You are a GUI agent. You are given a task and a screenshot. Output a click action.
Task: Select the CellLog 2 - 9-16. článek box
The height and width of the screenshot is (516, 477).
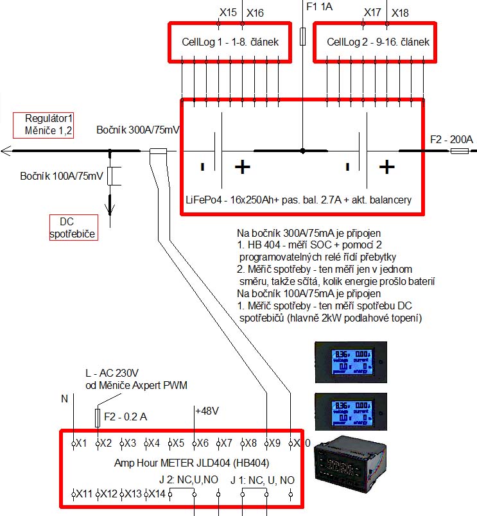coord(374,42)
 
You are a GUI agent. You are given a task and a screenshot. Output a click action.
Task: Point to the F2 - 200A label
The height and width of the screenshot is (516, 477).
coord(451,139)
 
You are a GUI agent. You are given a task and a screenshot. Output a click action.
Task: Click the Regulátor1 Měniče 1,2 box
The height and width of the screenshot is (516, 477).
coord(44,124)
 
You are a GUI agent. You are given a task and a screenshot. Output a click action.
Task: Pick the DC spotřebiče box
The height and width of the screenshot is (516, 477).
coord(73,228)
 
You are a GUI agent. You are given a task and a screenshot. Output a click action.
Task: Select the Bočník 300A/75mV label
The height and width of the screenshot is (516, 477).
coord(137,130)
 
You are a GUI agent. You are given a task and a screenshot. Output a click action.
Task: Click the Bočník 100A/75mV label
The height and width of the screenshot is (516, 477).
coord(61,176)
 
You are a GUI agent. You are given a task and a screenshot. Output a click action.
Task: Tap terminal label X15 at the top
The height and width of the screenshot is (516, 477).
coord(228,12)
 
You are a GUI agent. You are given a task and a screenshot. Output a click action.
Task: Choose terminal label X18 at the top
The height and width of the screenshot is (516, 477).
coord(400,12)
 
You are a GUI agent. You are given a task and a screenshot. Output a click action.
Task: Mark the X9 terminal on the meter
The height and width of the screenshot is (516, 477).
coord(273,443)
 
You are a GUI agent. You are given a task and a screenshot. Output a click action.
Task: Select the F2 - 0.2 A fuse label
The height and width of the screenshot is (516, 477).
coord(125,417)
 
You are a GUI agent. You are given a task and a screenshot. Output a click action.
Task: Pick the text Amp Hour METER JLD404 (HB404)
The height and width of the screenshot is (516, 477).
coord(191,463)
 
